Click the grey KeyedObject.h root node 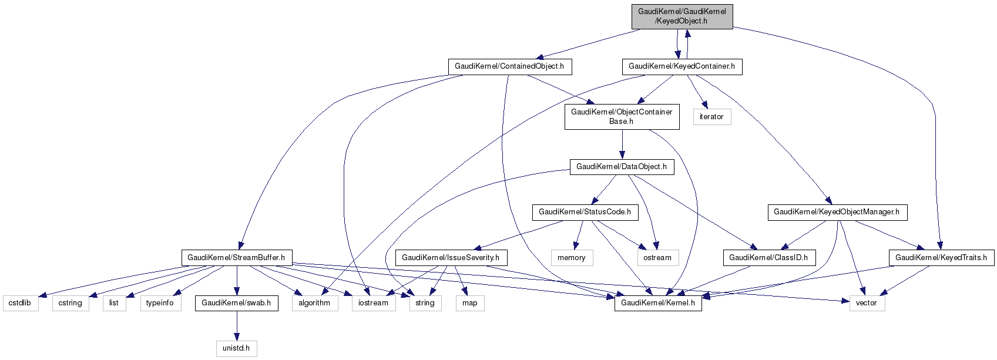click(x=682, y=16)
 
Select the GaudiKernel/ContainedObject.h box click(x=509, y=66)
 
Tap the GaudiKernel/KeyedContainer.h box click(x=682, y=66)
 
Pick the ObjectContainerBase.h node click(x=622, y=117)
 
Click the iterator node click(x=711, y=117)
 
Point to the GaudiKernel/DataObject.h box click(x=622, y=167)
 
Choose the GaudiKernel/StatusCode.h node click(x=585, y=212)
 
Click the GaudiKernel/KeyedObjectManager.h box click(x=837, y=212)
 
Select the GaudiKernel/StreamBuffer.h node click(x=236, y=258)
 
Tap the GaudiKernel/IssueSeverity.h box click(x=451, y=258)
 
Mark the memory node click(x=572, y=258)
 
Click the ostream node click(x=657, y=258)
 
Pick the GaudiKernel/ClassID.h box click(x=768, y=258)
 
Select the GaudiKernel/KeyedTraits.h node click(x=941, y=258)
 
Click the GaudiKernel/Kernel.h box click(x=658, y=303)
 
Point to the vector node click(x=867, y=303)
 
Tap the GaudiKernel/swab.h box click(x=236, y=303)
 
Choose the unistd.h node click(x=236, y=348)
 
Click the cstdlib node click(x=21, y=303)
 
